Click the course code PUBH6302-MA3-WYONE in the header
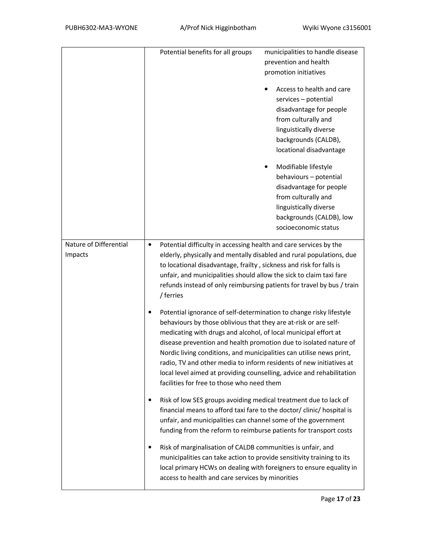(x=101, y=28)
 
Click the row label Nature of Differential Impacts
(x=96, y=249)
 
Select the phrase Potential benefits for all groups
(x=206, y=52)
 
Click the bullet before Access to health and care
(x=266, y=89)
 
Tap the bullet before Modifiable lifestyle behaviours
(x=266, y=167)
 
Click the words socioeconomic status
(x=307, y=227)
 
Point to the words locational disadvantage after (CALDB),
(x=310, y=150)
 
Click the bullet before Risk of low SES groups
(x=150, y=400)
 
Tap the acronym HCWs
(x=208, y=467)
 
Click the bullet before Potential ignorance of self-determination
(x=150, y=312)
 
